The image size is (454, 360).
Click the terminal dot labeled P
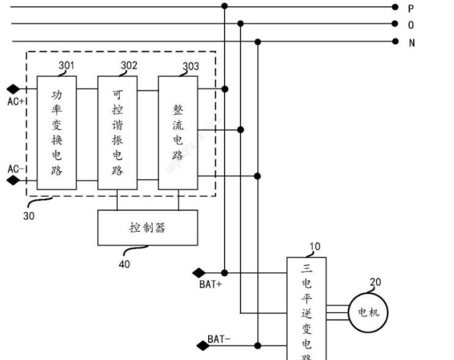click(x=395, y=7)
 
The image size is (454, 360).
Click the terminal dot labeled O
click(x=395, y=24)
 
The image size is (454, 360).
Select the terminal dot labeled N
click(x=395, y=41)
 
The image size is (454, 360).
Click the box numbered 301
click(x=57, y=132)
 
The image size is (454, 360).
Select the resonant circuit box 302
click(x=117, y=132)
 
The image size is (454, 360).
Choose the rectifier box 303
click(x=178, y=132)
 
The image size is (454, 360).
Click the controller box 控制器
click(x=148, y=228)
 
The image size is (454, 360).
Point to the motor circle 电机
click(x=367, y=312)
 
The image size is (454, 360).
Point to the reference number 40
click(x=124, y=264)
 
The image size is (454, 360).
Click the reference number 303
click(x=190, y=67)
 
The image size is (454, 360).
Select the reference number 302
click(x=129, y=64)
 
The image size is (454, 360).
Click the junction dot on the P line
click(x=225, y=6)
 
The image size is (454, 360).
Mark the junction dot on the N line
click(x=258, y=41)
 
